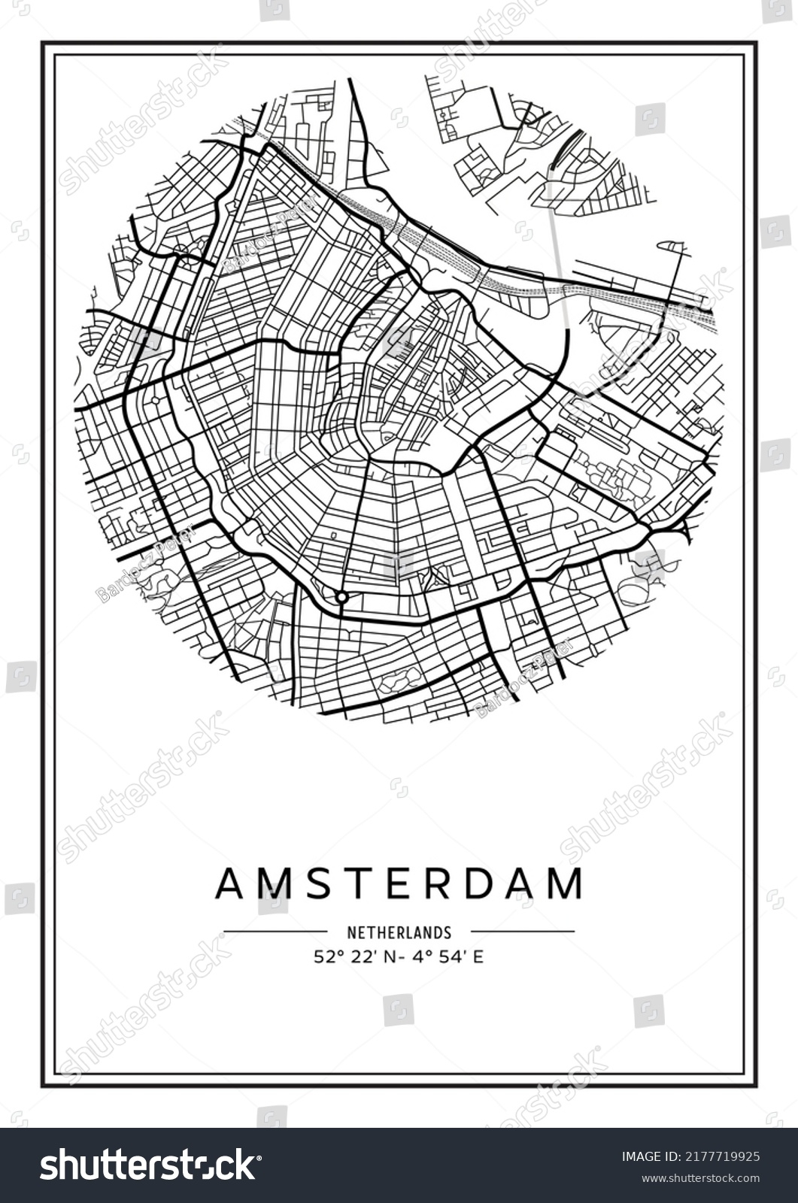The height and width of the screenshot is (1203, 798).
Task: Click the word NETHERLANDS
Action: tap(399, 932)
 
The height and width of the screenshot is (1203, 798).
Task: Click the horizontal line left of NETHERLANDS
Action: tap(275, 932)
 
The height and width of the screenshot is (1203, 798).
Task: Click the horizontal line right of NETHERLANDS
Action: tap(522, 932)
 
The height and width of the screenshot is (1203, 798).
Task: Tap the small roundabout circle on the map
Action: tap(341, 597)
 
